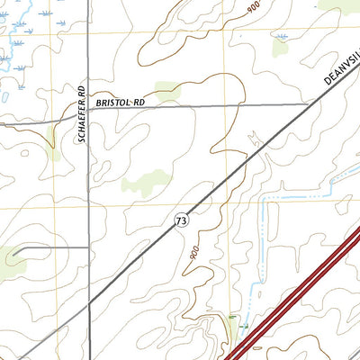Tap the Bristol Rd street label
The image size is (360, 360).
click(120, 103)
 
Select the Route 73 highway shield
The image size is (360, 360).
click(182, 220)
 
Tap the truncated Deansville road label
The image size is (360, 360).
click(340, 71)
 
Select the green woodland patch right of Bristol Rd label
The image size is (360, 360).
click(166, 90)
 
